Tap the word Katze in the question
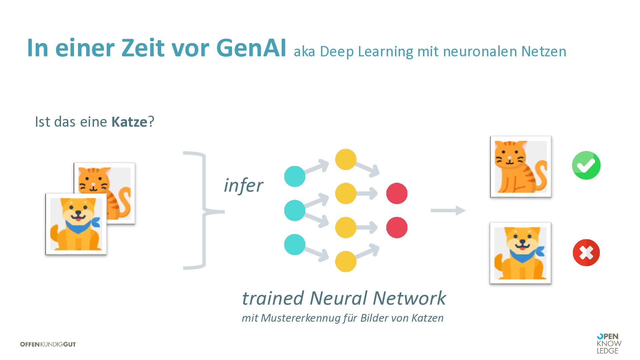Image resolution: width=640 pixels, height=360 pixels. (x=129, y=122)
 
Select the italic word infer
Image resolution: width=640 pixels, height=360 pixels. (x=243, y=185)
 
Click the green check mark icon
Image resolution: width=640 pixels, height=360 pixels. (x=586, y=165)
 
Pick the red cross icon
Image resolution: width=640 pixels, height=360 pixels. (x=586, y=252)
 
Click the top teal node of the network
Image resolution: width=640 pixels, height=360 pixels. (x=295, y=176)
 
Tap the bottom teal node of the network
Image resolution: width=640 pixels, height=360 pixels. (x=295, y=244)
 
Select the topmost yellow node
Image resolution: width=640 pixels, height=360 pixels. (x=346, y=159)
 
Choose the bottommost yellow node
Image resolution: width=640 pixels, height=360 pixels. (x=346, y=261)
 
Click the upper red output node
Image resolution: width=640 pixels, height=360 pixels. (x=397, y=193)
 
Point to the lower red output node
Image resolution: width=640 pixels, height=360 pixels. (x=397, y=227)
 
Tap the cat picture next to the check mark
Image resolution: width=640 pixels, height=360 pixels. (x=521, y=167)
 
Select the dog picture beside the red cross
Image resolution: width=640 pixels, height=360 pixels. (x=520, y=253)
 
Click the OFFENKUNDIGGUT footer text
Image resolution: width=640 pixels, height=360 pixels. (x=48, y=344)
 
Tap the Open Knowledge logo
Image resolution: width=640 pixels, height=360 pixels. (x=609, y=343)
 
